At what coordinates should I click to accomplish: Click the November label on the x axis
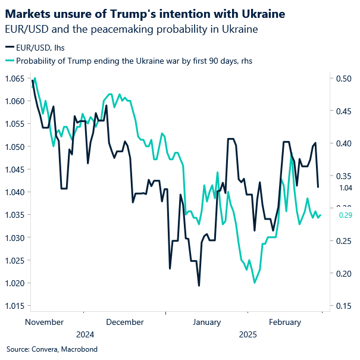pyautogui.click(x=45, y=322)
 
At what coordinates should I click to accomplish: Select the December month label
pyautogui.click(x=124, y=322)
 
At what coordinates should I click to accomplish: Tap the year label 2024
pyautogui.click(x=85, y=334)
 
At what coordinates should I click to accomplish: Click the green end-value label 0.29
pyautogui.click(x=345, y=215)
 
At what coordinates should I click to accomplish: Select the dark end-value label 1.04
pyautogui.click(x=345, y=187)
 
